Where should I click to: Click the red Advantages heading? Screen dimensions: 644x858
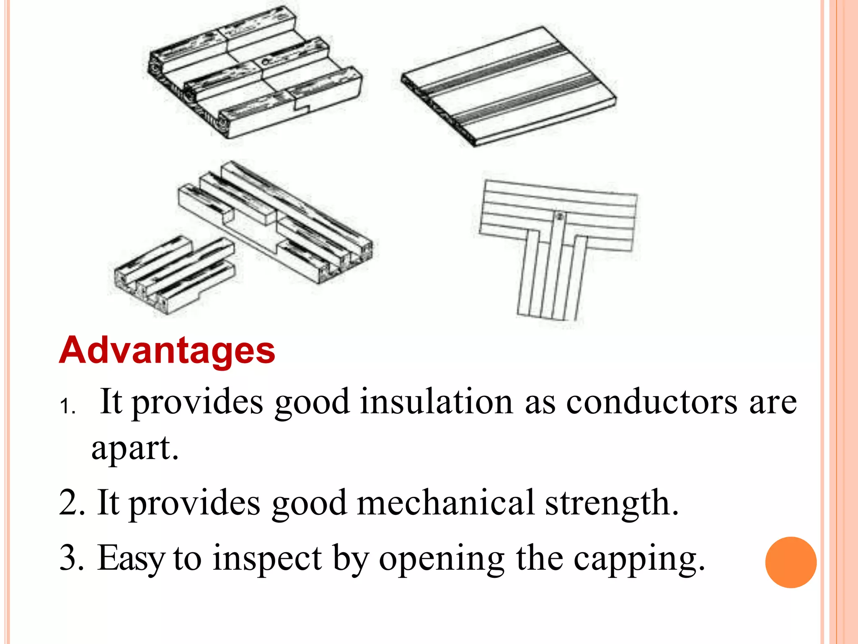coord(167,351)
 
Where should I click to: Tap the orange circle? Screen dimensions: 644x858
coord(791,562)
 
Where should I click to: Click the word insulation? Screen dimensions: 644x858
coord(436,402)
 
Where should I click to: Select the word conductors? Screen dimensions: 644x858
coord(651,402)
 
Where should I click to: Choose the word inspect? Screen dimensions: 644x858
coord(267,558)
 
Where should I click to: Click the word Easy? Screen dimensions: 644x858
coord(131,558)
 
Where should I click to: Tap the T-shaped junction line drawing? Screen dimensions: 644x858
coord(557,247)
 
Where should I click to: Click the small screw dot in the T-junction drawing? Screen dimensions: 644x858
coord(559,217)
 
